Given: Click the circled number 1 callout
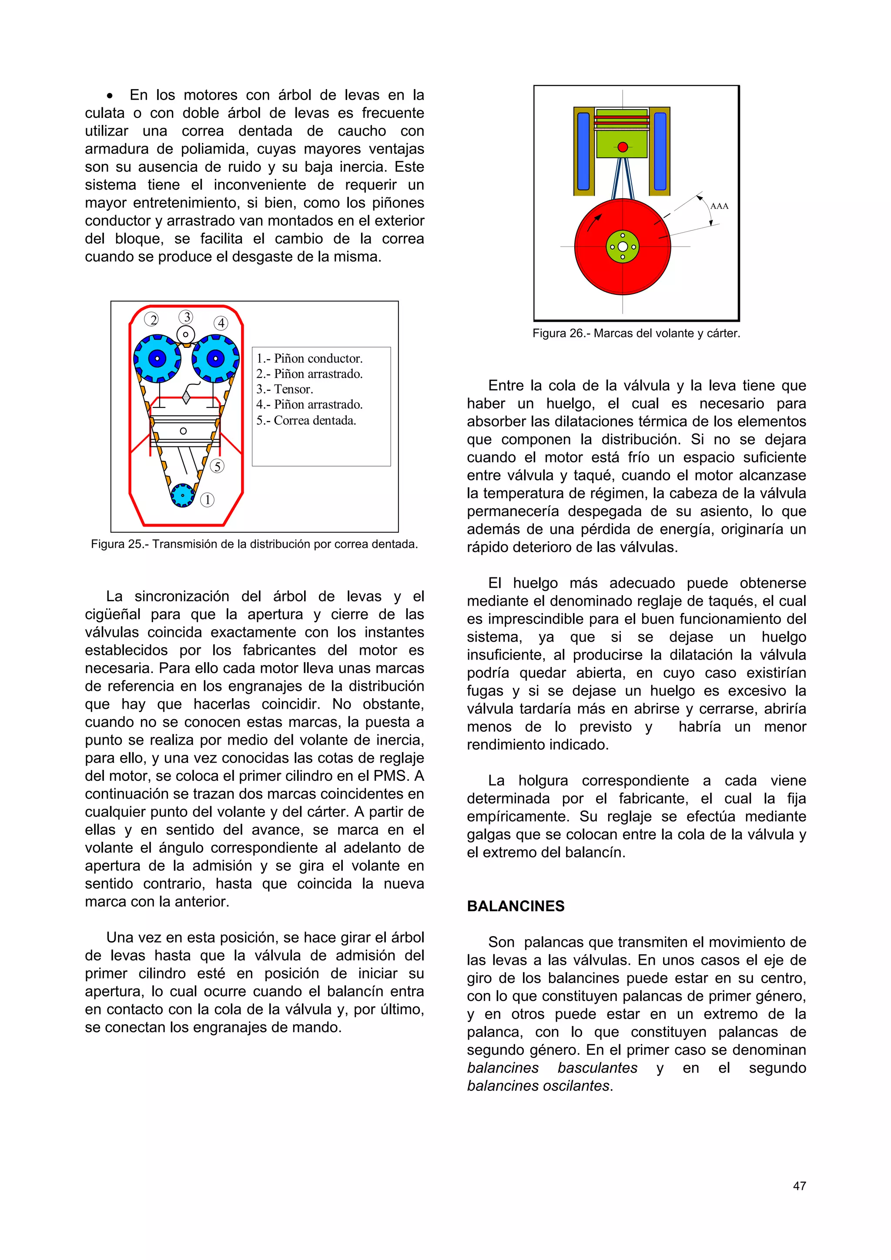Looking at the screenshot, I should click(x=207, y=500).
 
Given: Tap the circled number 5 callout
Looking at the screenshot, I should click(x=218, y=466).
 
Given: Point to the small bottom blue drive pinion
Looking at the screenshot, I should click(x=183, y=495).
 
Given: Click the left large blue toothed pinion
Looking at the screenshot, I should click(x=157, y=358).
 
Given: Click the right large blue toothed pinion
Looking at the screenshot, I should click(x=215, y=358).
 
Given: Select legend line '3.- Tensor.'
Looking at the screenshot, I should click(x=285, y=389).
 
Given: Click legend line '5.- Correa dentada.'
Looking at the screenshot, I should click(x=306, y=420).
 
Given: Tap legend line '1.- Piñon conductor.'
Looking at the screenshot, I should click(x=309, y=358).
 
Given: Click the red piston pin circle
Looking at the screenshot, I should click(x=623, y=147).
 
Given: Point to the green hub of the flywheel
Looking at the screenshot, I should click(x=623, y=247).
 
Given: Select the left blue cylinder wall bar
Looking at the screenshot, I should click(x=583, y=151).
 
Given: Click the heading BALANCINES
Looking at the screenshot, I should click(x=515, y=906).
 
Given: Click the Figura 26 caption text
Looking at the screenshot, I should click(x=636, y=333).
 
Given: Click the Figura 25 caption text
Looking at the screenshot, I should click(x=254, y=544).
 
